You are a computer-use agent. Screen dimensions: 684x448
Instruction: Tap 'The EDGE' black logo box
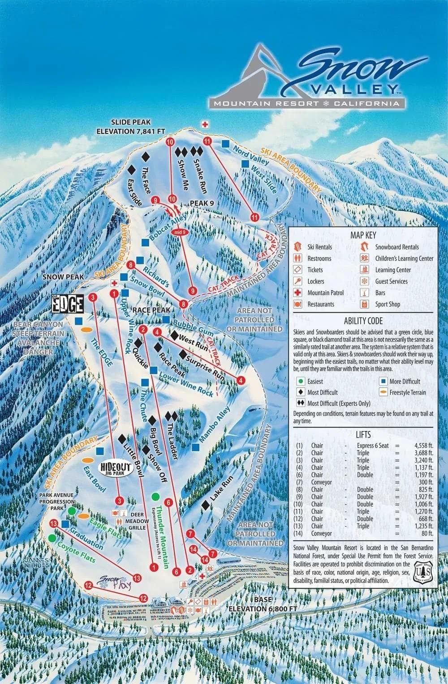(67, 304)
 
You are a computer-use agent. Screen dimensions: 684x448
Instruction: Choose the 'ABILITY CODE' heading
(363, 321)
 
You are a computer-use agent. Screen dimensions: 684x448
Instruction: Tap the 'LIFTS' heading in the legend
(363, 434)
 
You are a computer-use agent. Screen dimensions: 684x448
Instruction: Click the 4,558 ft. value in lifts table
(423, 446)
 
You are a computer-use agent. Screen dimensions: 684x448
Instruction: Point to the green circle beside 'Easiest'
(302, 382)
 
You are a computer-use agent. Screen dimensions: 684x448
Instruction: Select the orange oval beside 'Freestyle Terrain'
(383, 392)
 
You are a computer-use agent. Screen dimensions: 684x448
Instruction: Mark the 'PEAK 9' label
(202, 203)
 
